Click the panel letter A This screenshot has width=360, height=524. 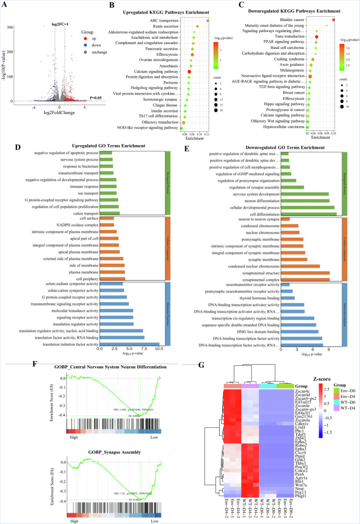[4, 5]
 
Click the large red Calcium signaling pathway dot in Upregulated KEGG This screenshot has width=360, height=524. [190, 71]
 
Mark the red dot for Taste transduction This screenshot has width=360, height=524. [316, 37]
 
